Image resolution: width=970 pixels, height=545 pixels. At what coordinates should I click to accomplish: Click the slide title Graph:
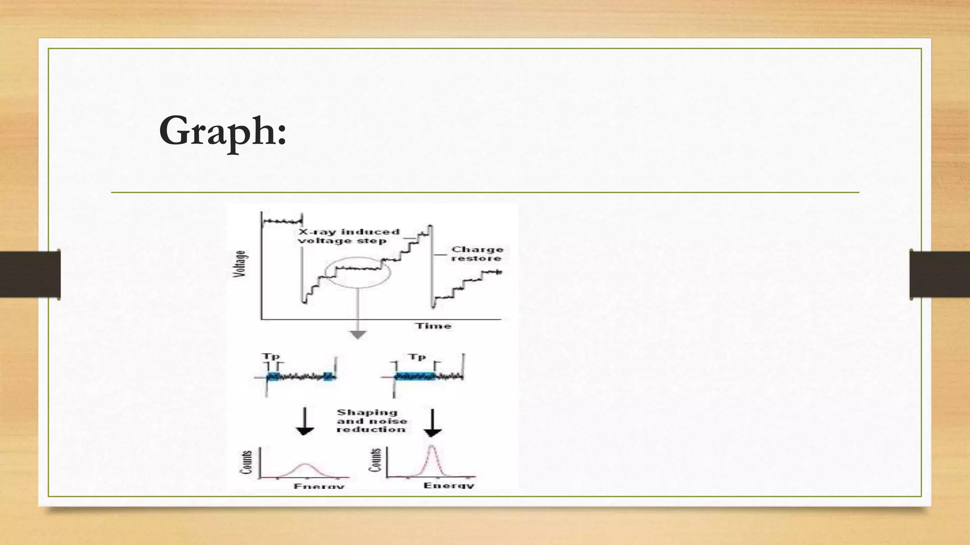223,131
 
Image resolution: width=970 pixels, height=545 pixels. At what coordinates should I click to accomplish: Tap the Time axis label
433,325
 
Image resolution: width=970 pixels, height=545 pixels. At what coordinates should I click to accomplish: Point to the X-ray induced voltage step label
349,236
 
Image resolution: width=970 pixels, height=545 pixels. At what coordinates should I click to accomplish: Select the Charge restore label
476,254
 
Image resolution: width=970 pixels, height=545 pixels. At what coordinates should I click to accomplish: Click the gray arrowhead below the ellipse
358,335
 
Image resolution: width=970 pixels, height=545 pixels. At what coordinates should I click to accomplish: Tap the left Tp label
271,356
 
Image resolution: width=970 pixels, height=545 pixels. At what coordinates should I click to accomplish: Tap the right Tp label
417,356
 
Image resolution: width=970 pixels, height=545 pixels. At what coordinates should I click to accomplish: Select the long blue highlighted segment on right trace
415,377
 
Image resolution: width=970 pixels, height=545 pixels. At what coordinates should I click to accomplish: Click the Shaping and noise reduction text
371,421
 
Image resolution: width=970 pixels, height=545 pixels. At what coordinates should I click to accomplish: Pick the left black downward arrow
305,422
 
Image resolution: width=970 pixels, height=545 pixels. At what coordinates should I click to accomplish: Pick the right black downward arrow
432,423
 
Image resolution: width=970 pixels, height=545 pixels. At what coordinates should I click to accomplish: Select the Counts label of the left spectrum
246,462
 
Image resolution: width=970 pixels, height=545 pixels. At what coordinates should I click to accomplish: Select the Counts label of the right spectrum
375,460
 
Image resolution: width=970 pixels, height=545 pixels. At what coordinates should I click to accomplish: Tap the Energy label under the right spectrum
448,485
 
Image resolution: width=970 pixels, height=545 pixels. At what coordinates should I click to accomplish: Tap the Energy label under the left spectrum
319,486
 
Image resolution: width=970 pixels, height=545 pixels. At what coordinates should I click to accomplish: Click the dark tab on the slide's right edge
940,274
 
